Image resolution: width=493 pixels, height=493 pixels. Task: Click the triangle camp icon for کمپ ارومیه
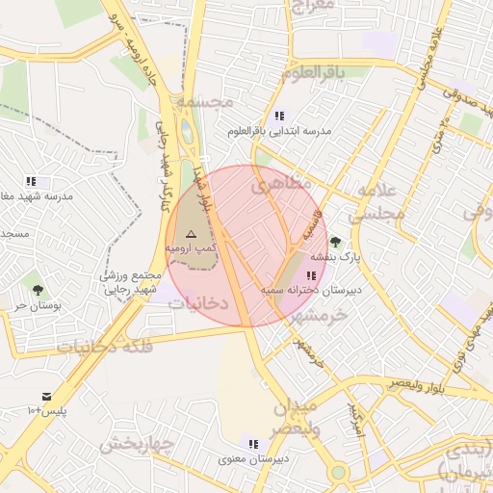point(190,234)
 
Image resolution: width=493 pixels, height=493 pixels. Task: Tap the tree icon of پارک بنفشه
point(334,242)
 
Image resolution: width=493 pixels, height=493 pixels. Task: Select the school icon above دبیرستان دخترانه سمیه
point(309,276)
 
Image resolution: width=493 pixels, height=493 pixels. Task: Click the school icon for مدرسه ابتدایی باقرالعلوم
point(279,116)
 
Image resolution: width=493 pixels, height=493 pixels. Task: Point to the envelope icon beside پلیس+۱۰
point(46,397)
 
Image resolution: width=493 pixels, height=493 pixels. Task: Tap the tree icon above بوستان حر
point(38,289)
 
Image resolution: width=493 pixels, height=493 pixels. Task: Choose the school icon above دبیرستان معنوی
point(253,444)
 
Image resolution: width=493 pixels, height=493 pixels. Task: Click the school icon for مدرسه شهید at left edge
point(31,181)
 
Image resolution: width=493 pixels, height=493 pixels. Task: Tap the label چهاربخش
point(135,445)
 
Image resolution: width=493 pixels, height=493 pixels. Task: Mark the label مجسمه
point(206,100)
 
